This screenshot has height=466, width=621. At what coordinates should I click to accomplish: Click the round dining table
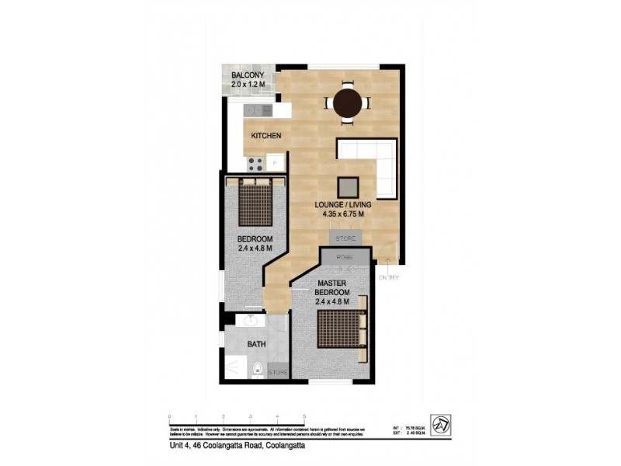pyautogui.click(x=346, y=103)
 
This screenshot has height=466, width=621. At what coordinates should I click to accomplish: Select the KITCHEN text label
pyautogui.click(x=265, y=137)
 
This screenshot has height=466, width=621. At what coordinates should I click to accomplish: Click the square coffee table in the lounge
pyautogui.click(x=348, y=187)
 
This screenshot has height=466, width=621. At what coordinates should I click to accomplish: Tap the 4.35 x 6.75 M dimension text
pyautogui.click(x=343, y=214)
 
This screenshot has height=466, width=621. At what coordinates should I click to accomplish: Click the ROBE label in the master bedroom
pyautogui.click(x=345, y=257)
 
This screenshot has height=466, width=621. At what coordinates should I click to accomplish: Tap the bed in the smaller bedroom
pyautogui.click(x=254, y=203)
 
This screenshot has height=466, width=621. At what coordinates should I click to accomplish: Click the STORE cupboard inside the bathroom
pyautogui.click(x=278, y=374)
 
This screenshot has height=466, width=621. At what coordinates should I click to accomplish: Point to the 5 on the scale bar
pyautogui.click(x=304, y=417)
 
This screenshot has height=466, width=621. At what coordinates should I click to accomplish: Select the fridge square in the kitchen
pyautogui.click(x=273, y=162)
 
